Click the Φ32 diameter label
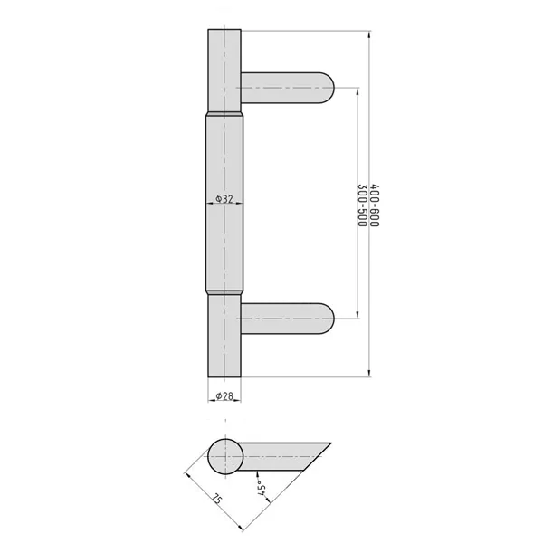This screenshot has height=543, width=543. tap(224, 198)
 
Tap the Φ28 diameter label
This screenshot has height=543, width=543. tap(224, 395)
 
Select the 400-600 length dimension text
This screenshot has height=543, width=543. tap(375, 205)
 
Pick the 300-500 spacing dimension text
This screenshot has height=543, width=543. tap(362, 205)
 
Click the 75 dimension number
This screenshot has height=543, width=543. tap(217, 499)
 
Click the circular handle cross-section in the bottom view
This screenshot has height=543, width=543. tap(225, 456)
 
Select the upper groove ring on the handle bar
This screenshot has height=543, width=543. tap(224, 113)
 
